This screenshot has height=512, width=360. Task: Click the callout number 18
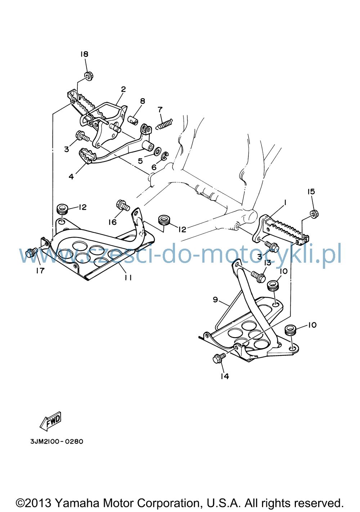click(x=84, y=54)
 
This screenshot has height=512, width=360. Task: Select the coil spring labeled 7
click(x=165, y=124)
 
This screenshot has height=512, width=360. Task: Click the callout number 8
click(x=143, y=101)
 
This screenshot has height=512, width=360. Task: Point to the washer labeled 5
click(x=157, y=151)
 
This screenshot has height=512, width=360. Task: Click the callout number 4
click(x=71, y=176)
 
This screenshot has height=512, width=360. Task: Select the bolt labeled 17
click(x=31, y=253)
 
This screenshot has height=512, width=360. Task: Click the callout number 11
click(x=128, y=277)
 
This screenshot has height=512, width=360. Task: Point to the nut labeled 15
click(x=314, y=214)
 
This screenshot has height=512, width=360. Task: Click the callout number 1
click(x=285, y=203)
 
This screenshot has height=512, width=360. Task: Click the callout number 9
click(x=215, y=300)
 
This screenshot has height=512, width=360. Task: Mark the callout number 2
click(x=123, y=89)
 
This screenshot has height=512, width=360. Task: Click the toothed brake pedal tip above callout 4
click(x=87, y=155)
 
